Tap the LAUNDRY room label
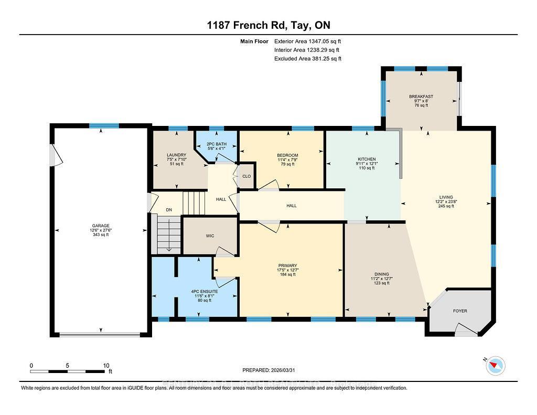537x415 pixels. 176,155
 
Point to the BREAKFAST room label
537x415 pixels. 422,97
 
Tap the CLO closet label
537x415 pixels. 246,176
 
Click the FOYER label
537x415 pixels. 460,311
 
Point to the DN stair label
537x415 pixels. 169,210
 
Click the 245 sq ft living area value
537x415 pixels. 446,206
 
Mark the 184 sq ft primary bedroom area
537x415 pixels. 287,274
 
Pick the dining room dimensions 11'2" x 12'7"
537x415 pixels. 381,279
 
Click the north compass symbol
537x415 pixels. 495,365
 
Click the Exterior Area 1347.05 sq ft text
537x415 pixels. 307,41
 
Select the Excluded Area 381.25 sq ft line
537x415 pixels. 307,59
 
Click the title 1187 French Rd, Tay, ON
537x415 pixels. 268,25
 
